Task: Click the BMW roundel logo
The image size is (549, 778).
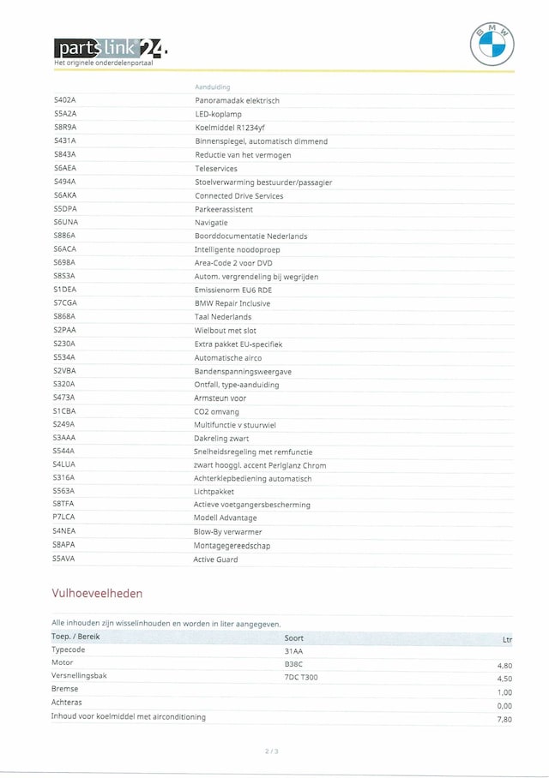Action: (492, 45)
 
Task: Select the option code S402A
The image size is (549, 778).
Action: (64, 101)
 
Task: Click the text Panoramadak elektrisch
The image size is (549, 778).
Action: (237, 101)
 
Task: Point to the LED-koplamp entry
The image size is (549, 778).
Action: (218, 114)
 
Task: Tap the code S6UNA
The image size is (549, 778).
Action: (65, 223)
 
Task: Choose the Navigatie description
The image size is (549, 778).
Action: (211, 223)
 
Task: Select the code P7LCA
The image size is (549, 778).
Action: (64, 518)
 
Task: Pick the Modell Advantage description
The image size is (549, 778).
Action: (225, 518)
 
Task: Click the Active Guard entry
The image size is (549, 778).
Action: (215, 560)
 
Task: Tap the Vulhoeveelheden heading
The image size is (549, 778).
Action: (97, 593)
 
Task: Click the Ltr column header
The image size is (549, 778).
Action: (506, 638)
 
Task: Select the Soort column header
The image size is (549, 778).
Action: (293, 637)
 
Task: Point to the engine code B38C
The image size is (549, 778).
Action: (293, 663)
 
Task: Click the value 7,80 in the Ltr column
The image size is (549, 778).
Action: (504, 719)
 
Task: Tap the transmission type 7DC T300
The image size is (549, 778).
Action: (300, 677)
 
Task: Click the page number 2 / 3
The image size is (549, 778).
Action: (271, 751)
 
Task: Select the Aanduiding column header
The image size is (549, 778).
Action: (212, 87)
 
